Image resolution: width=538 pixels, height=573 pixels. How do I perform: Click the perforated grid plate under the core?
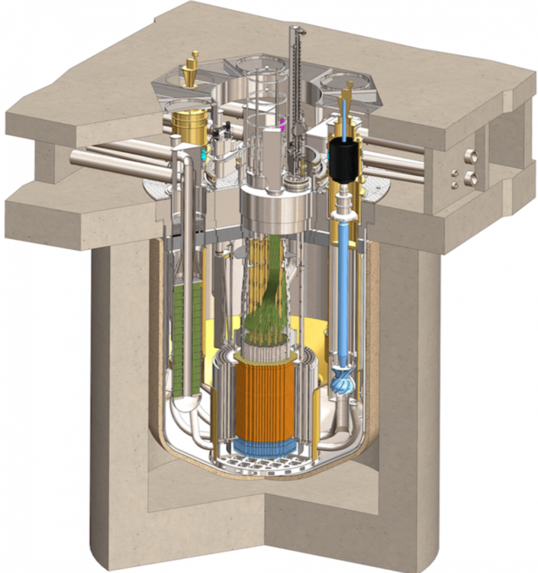264,465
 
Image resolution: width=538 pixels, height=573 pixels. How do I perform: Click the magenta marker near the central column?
283,123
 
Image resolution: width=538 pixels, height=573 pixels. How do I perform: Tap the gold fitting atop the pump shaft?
350,92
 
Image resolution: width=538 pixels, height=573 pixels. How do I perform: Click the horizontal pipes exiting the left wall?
114,158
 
